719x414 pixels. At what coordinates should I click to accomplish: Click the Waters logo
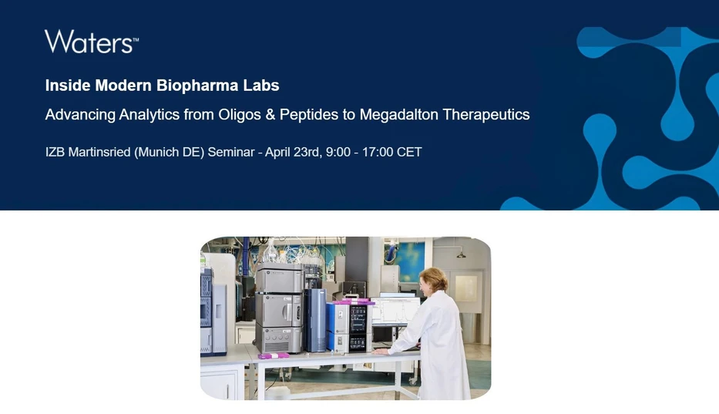pyautogui.click(x=91, y=42)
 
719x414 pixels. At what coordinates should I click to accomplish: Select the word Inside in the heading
pyautogui.click(x=66, y=85)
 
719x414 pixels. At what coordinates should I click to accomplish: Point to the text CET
pyautogui.click(x=409, y=152)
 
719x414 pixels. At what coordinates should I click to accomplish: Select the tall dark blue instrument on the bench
pyautogui.click(x=314, y=320)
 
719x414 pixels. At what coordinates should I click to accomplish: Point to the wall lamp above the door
pyautogui.click(x=460, y=254)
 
